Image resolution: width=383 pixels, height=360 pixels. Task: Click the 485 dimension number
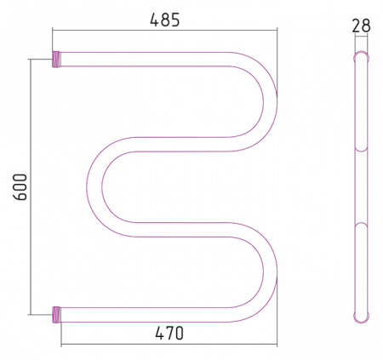[x=165, y=20]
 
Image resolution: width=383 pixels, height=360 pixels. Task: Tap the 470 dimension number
[x=169, y=333]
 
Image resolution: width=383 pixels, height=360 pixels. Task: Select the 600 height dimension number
[x=20, y=187]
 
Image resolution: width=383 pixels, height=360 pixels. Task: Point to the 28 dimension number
[x=362, y=26]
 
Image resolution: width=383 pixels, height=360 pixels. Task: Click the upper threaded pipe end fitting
[x=56, y=59]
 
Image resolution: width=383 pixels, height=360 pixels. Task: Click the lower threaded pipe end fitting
[x=56, y=315]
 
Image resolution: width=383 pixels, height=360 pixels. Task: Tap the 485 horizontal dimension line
[x=164, y=30]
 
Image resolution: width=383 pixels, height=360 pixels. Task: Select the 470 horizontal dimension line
[x=169, y=345]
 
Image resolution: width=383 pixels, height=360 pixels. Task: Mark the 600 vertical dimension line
[x=31, y=187]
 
